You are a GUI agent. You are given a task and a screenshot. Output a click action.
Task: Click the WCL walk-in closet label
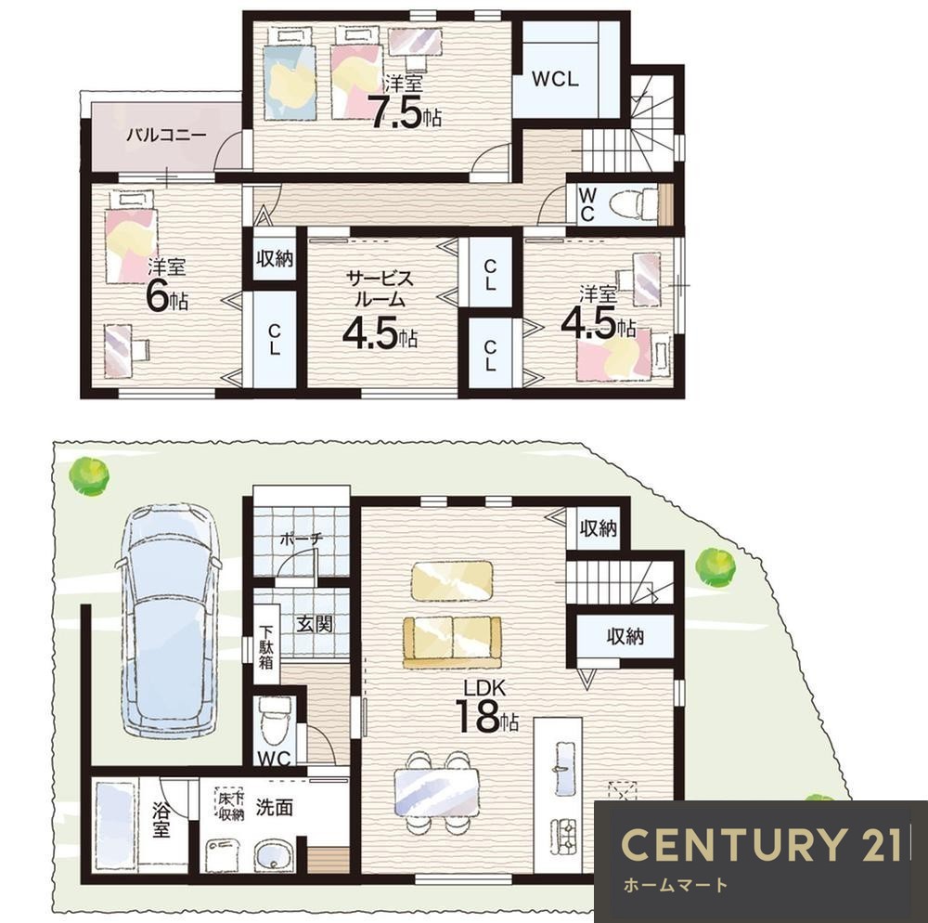click(x=555, y=79)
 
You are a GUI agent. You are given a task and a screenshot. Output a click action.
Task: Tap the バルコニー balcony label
click(x=167, y=136)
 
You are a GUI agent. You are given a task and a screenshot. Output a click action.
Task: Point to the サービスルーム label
click(x=379, y=289)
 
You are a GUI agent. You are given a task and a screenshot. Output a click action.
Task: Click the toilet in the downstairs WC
click(x=276, y=720)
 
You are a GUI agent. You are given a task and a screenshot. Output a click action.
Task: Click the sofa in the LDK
click(x=452, y=642)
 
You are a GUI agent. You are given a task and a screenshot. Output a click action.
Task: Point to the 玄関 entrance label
click(x=315, y=623)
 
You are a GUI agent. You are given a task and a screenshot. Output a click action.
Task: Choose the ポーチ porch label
click(x=301, y=539)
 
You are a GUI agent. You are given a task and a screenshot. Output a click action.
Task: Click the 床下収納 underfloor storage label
click(x=230, y=806)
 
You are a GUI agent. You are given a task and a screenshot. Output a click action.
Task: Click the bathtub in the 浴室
click(x=115, y=825)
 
